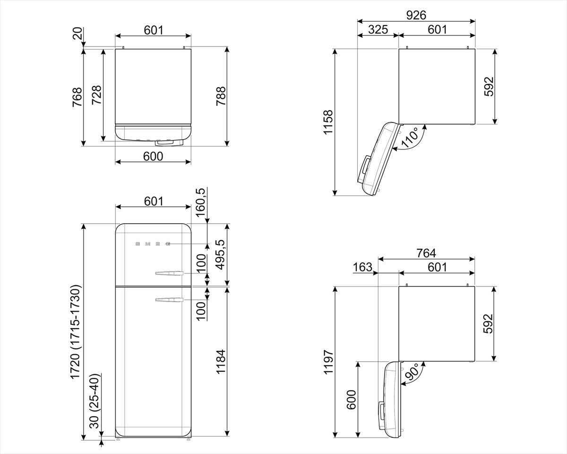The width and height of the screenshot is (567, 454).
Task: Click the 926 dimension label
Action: [416, 15]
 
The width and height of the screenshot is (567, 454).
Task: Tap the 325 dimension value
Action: [378, 29]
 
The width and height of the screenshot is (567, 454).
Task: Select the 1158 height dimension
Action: [328, 122]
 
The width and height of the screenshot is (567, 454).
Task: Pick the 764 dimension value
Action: [426, 253]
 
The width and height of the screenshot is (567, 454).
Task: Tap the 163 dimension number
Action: [362, 267]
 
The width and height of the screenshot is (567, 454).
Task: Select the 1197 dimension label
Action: [328, 362]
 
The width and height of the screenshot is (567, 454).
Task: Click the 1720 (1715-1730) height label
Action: [75, 332]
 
